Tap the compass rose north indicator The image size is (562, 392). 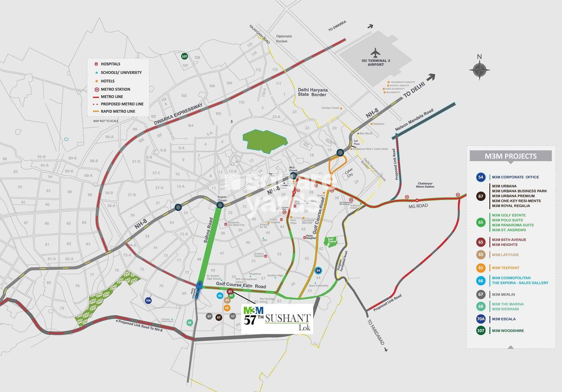point(479,69)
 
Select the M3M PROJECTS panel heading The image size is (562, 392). point(510,156)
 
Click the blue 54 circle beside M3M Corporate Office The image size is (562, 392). point(481,177)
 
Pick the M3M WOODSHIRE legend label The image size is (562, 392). point(508,331)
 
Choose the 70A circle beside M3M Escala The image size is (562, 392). point(481,319)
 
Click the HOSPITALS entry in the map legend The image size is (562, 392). point(110,64)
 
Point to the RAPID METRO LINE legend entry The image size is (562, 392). point(118,111)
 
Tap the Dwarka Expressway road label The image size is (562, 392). point(178,114)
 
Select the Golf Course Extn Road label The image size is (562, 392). point(241,286)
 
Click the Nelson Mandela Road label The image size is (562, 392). point(414,120)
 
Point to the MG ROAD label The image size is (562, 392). point(418,206)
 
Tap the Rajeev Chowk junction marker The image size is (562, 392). point(220,205)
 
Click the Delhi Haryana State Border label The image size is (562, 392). point(312,92)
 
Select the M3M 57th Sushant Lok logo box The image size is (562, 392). point(277,318)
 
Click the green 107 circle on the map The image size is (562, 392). point(184,57)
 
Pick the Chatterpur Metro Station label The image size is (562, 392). point(425,185)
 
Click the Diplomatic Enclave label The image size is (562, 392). point(284,39)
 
